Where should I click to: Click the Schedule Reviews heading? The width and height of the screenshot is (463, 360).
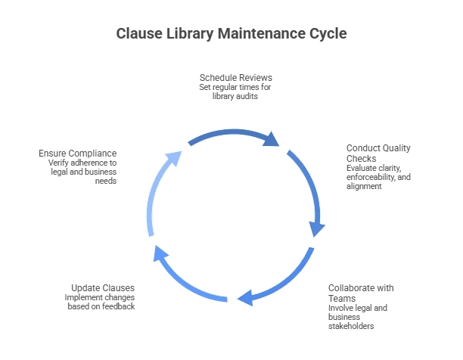click(236, 78)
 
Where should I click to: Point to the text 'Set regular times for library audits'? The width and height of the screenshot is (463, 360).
click(236, 92)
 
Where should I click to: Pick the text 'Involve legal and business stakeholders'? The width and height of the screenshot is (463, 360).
click(358, 317)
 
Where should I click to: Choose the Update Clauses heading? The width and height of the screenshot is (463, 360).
click(103, 288)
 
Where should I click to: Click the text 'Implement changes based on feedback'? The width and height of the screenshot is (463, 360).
click(100, 303)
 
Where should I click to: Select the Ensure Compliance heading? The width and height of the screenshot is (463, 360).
click(77, 153)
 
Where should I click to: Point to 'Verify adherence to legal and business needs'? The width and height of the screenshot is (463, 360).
click(82, 170)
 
